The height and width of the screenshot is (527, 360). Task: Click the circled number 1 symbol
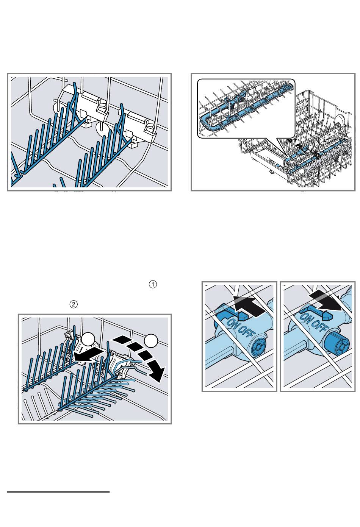point(153,284)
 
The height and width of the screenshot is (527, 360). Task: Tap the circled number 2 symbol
point(74,304)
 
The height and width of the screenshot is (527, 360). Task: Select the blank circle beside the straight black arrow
point(88,339)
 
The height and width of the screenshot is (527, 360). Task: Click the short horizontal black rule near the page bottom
point(58,492)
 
